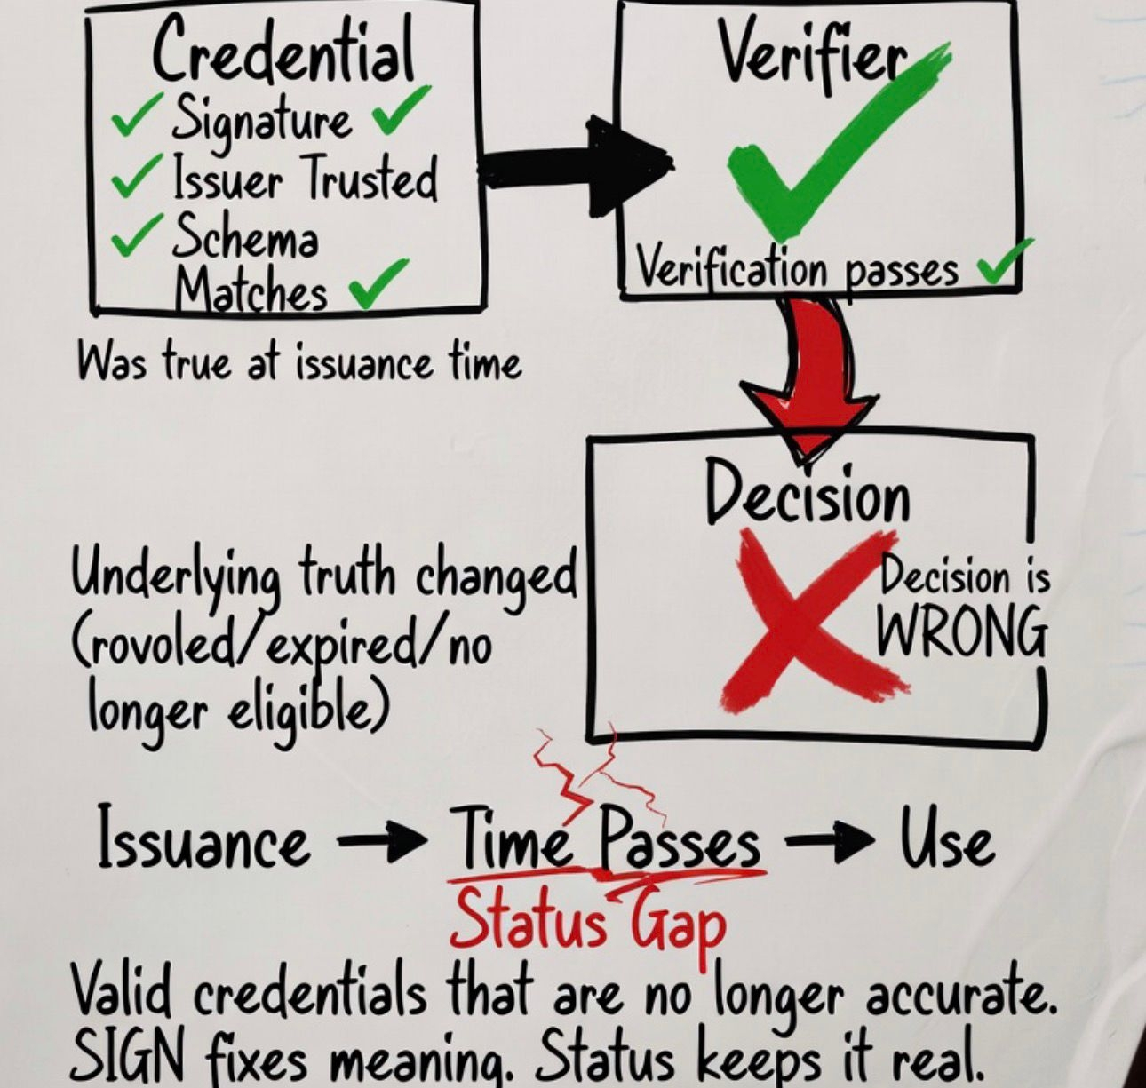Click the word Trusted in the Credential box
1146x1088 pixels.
pos(371,178)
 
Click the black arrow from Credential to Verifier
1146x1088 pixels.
pos(577,169)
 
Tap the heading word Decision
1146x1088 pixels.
pos(808,493)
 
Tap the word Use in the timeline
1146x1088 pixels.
pos(946,840)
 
